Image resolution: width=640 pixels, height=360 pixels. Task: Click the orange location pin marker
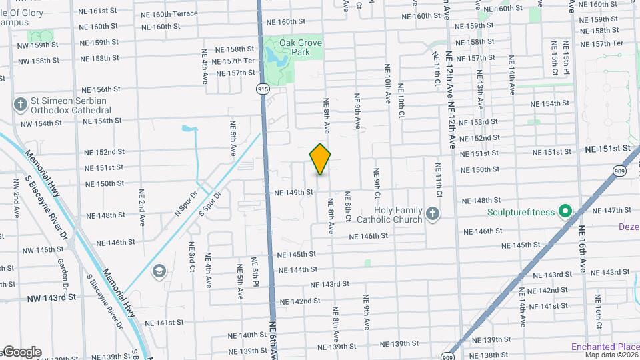coord(321,159)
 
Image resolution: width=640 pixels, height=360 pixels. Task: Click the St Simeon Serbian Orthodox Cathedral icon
coord(21,105)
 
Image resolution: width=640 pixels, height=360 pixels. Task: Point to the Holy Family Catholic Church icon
coord(432,214)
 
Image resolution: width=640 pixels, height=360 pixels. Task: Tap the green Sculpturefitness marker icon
coord(565,212)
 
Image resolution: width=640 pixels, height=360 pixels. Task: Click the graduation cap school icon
coord(159,270)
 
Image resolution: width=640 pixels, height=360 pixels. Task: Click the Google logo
coord(21,352)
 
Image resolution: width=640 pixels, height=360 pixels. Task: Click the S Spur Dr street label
coord(209,204)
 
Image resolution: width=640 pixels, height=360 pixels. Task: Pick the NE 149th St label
coord(293,193)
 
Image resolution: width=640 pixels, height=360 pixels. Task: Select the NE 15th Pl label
coord(566,57)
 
